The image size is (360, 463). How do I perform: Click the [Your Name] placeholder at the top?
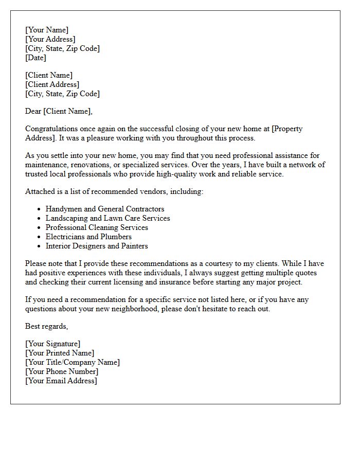[46, 30]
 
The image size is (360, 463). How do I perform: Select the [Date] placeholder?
[35, 58]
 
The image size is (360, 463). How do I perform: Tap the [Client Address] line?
[52, 84]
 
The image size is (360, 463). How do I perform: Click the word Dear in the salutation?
[33, 111]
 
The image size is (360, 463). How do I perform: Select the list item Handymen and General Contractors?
[105, 209]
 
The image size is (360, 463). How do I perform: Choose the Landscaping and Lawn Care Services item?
[107, 218]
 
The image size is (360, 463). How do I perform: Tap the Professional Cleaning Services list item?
[97, 227]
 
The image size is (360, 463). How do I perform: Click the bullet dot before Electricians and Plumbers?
[39, 237]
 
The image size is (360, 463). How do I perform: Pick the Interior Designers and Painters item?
[97, 246]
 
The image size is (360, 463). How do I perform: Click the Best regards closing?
[46, 326]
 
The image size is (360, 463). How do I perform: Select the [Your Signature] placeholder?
[52, 344]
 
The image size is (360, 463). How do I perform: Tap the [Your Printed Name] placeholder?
[60, 353]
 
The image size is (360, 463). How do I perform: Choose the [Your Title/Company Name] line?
[73, 362]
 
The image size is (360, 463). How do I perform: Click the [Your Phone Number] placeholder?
[62, 371]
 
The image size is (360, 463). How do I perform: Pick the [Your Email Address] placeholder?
[61, 381]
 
